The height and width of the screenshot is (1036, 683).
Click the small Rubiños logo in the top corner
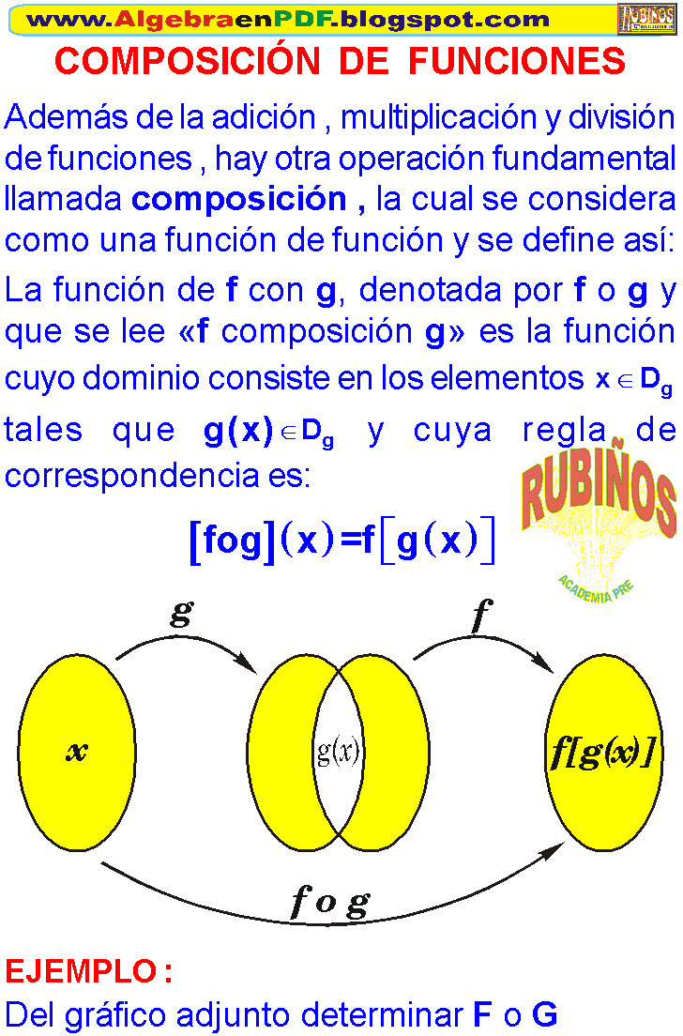click(646, 18)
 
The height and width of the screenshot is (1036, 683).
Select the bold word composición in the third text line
click(239, 199)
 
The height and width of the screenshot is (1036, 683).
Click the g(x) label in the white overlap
click(339, 752)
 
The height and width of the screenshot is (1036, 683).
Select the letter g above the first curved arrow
click(181, 615)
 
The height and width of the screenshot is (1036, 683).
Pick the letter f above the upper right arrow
click(480, 616)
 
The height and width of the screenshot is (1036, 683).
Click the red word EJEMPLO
click(81, 970)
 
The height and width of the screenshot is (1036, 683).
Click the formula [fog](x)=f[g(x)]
click(341, 541)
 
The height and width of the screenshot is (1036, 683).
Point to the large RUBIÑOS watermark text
click(598, 497)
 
